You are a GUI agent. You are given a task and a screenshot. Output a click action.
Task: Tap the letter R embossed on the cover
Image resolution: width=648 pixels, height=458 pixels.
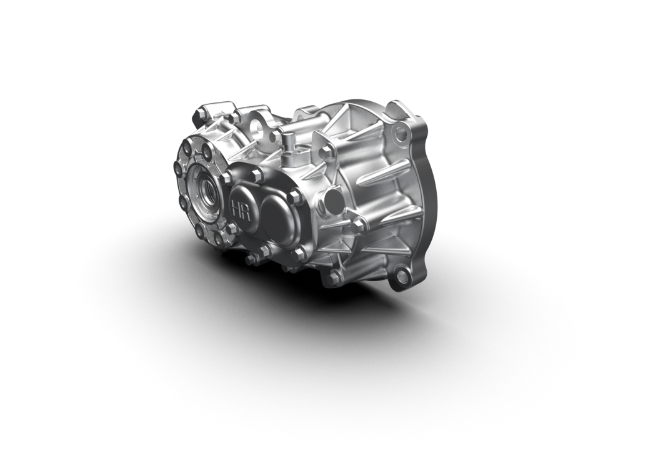point(244,208)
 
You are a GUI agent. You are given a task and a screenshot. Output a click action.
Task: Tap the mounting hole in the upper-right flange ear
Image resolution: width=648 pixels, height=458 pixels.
point(401,132)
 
